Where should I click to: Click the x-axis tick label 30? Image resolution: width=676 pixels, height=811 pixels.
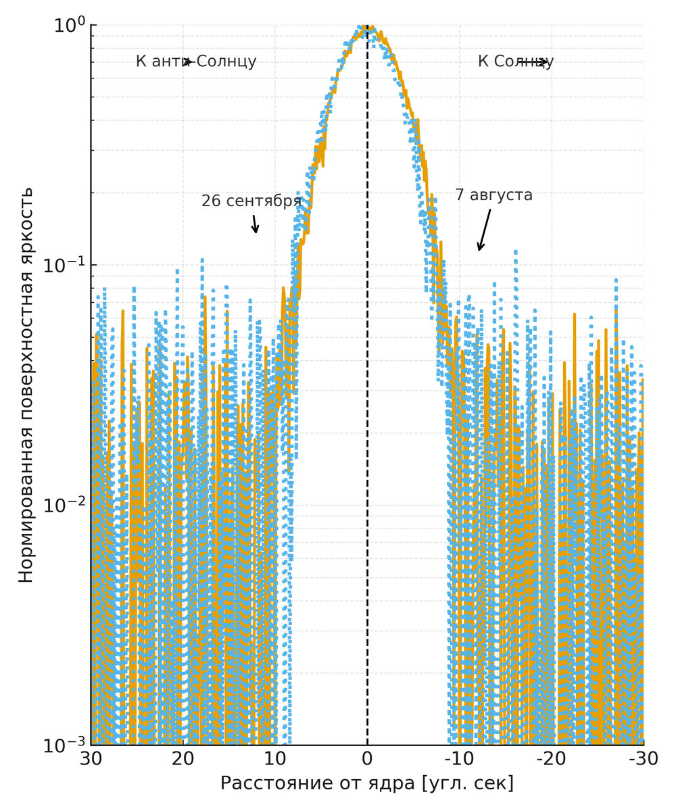click(x=91, y=759)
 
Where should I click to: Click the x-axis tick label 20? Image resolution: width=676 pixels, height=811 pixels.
click(x=183, y=759)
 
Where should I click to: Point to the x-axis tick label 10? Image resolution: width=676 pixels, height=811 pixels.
click(x=275, y=759)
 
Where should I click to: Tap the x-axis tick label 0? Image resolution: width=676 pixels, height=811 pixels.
click(x=367, y=759)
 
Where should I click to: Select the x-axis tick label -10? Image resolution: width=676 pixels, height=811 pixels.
click(x=459, y=759)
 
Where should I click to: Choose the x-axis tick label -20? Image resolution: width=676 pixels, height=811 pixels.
click(x=552, y=759)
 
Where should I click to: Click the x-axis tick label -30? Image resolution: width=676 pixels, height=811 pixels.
click(x=644, y=759)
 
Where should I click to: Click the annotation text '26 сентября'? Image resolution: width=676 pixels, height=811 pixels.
click(x=251, y=201)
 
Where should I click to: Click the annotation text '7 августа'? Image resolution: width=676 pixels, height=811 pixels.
click(x=493, y=195)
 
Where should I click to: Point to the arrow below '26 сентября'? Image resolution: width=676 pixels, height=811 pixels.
click(x=255, y=224)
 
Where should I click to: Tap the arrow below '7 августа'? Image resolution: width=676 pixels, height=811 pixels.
click(x=484, y=230)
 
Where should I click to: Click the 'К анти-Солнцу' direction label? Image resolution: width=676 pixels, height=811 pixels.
click(x=196, y=62)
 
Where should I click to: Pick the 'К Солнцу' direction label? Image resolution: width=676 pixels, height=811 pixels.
click(x=515, y=62)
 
